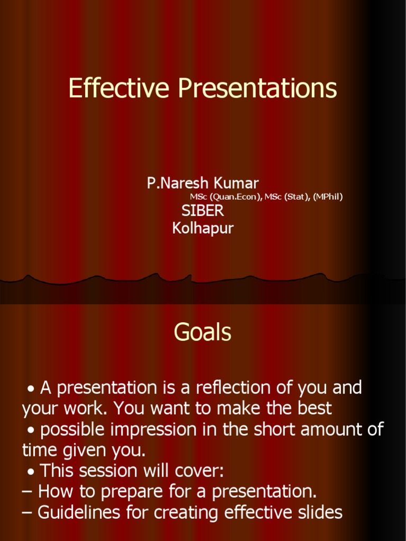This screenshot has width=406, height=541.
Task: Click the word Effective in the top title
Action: click(x=120, y=88)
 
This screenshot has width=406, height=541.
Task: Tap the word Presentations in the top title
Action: click(x=257, y=88)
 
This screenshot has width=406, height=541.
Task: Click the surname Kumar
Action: click(x=236, y=183)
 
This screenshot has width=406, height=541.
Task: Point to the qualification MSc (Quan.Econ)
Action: click(x=225, y=197)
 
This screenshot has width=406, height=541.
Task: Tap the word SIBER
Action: click(x=202, y=211)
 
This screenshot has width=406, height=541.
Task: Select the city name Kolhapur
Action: click(x=202, y=228)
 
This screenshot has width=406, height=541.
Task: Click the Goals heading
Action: click(x=202, y=333)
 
